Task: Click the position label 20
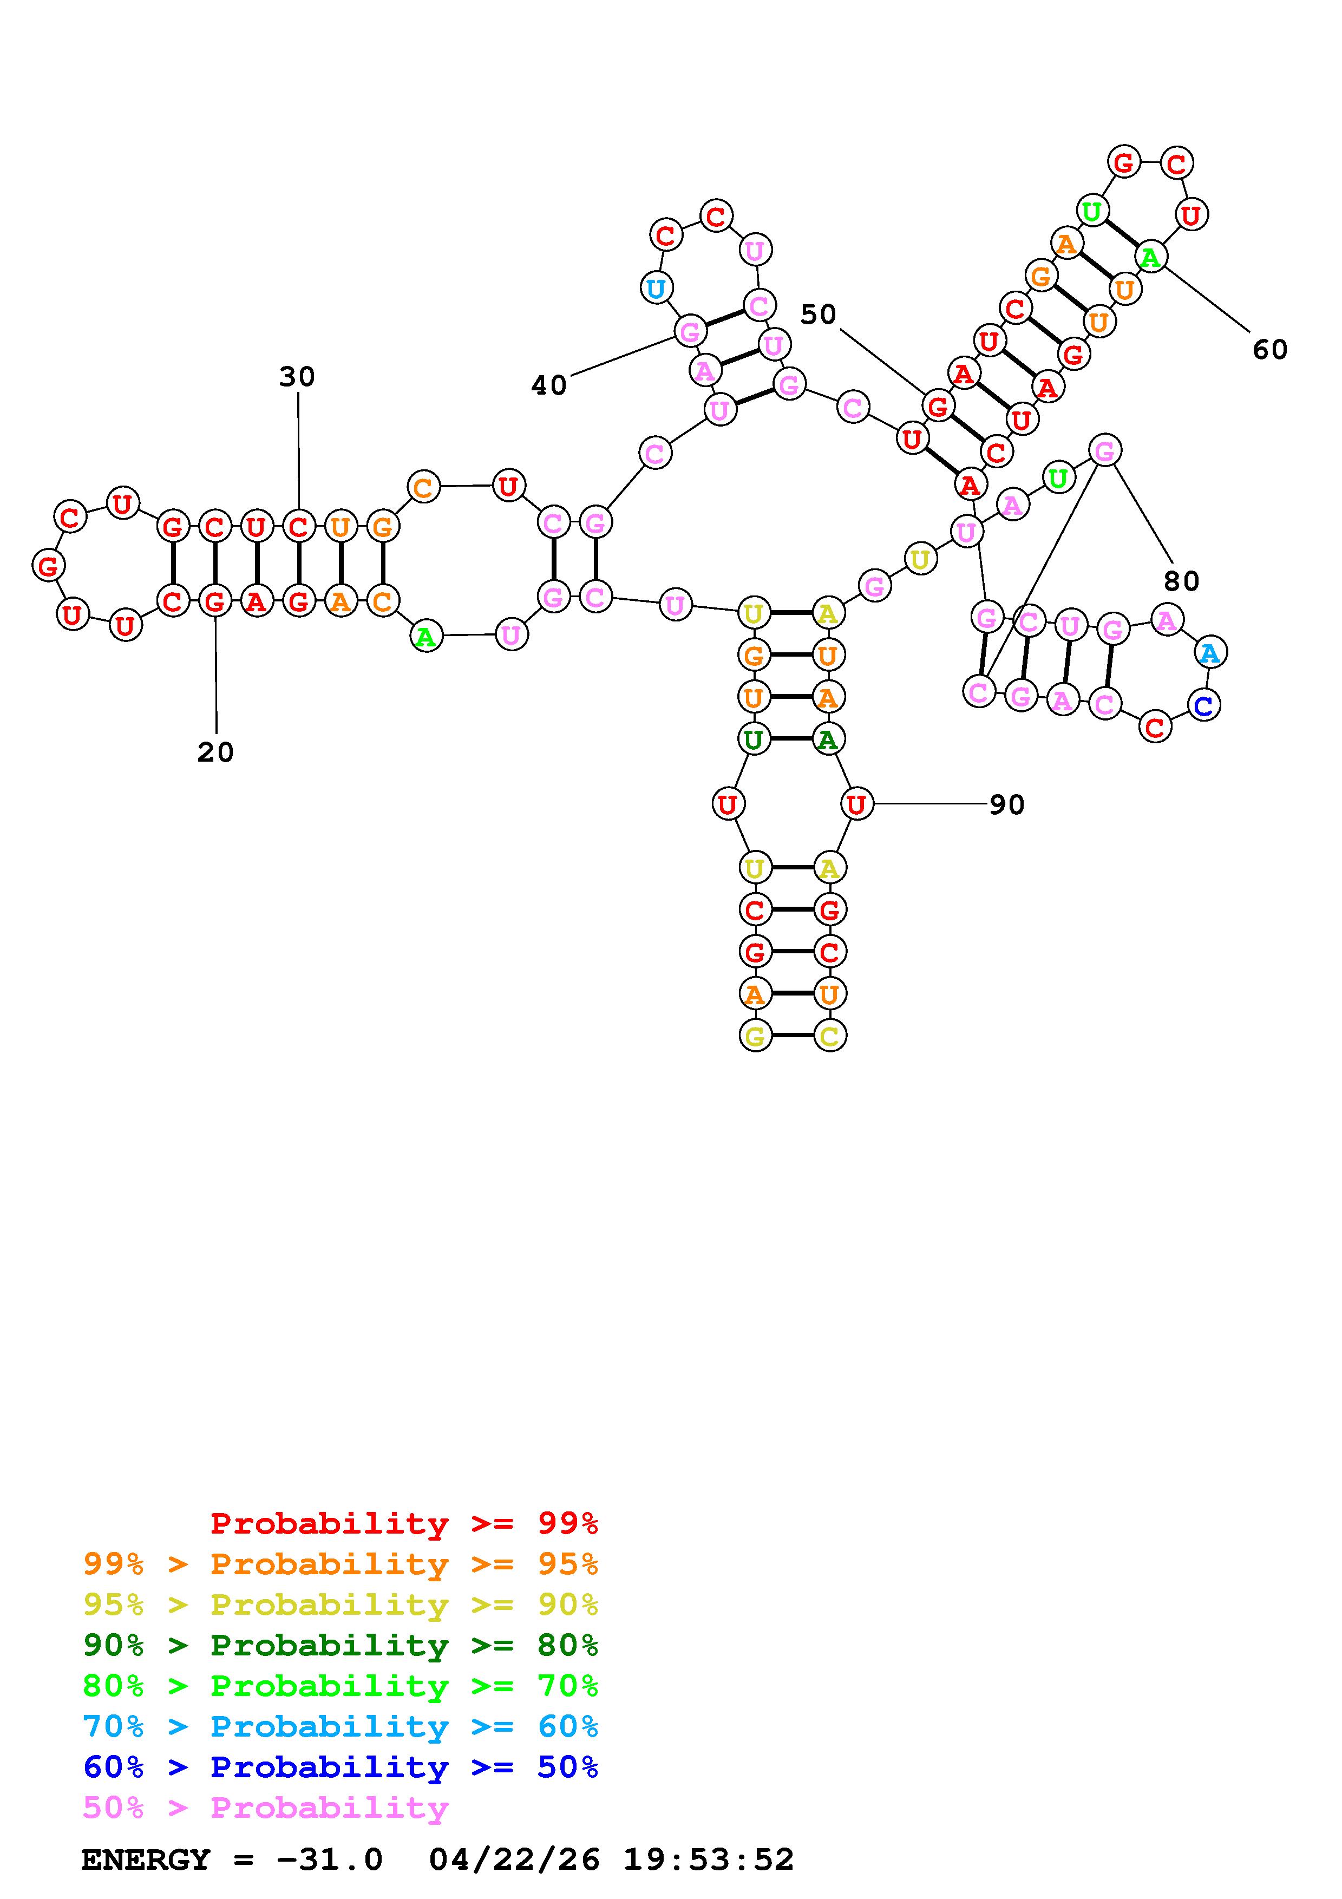pyautogui.click(x=215, y=752)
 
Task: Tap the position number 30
pyautogui.click(x=297, y=377)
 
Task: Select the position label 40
pyautogui.click(x=549, y=385)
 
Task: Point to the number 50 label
pyautogui.click(x=819, y=315)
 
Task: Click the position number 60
pyautogui.click(x=1270, y=350)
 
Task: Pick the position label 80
pyautogui.click(x=1182, y=581)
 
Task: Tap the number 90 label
pyautogui.click(x=1007, y=805)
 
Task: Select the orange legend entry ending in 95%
pyautogui.click(x=341, y=1564)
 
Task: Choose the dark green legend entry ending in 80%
pyautogui.click(x=341, y=1645)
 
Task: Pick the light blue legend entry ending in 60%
pyautogui.click(x=341, y=1726)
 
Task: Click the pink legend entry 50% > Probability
pyautogui.click(x=265, y=1808)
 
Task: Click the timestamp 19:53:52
pyautogui.click(x=709, y=1860)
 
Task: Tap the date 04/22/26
pyautogui.click(x=514, y=1860)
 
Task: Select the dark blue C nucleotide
pyautogui.click(x=1204, y=705)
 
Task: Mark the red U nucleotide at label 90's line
pyautogui.click(x=856, y=803)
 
